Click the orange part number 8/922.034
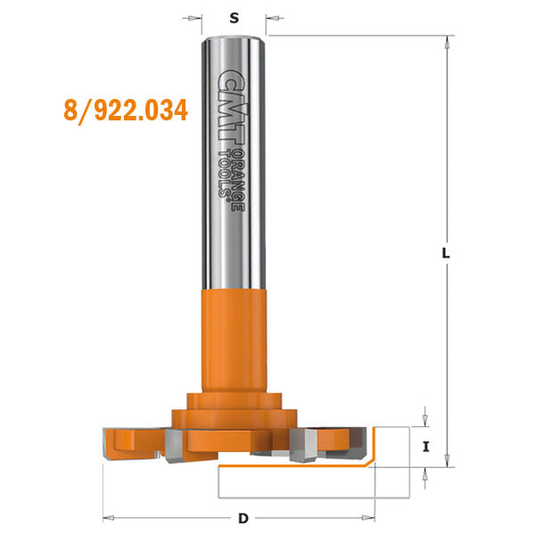click(x=126, y=111)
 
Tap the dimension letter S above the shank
click(x=234, y=17)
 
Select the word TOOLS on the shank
click(x=223, y=171)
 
